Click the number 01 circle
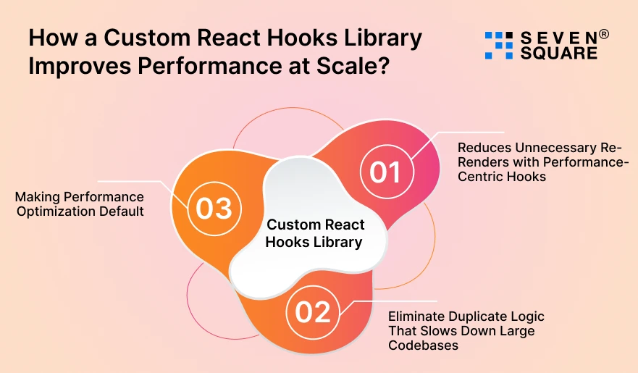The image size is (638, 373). point(385,172)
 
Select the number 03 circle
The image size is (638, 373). point(214,209)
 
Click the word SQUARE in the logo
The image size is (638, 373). point(559,53)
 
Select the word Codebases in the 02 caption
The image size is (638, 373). point(423,345)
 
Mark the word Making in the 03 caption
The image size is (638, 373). point(35,197)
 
